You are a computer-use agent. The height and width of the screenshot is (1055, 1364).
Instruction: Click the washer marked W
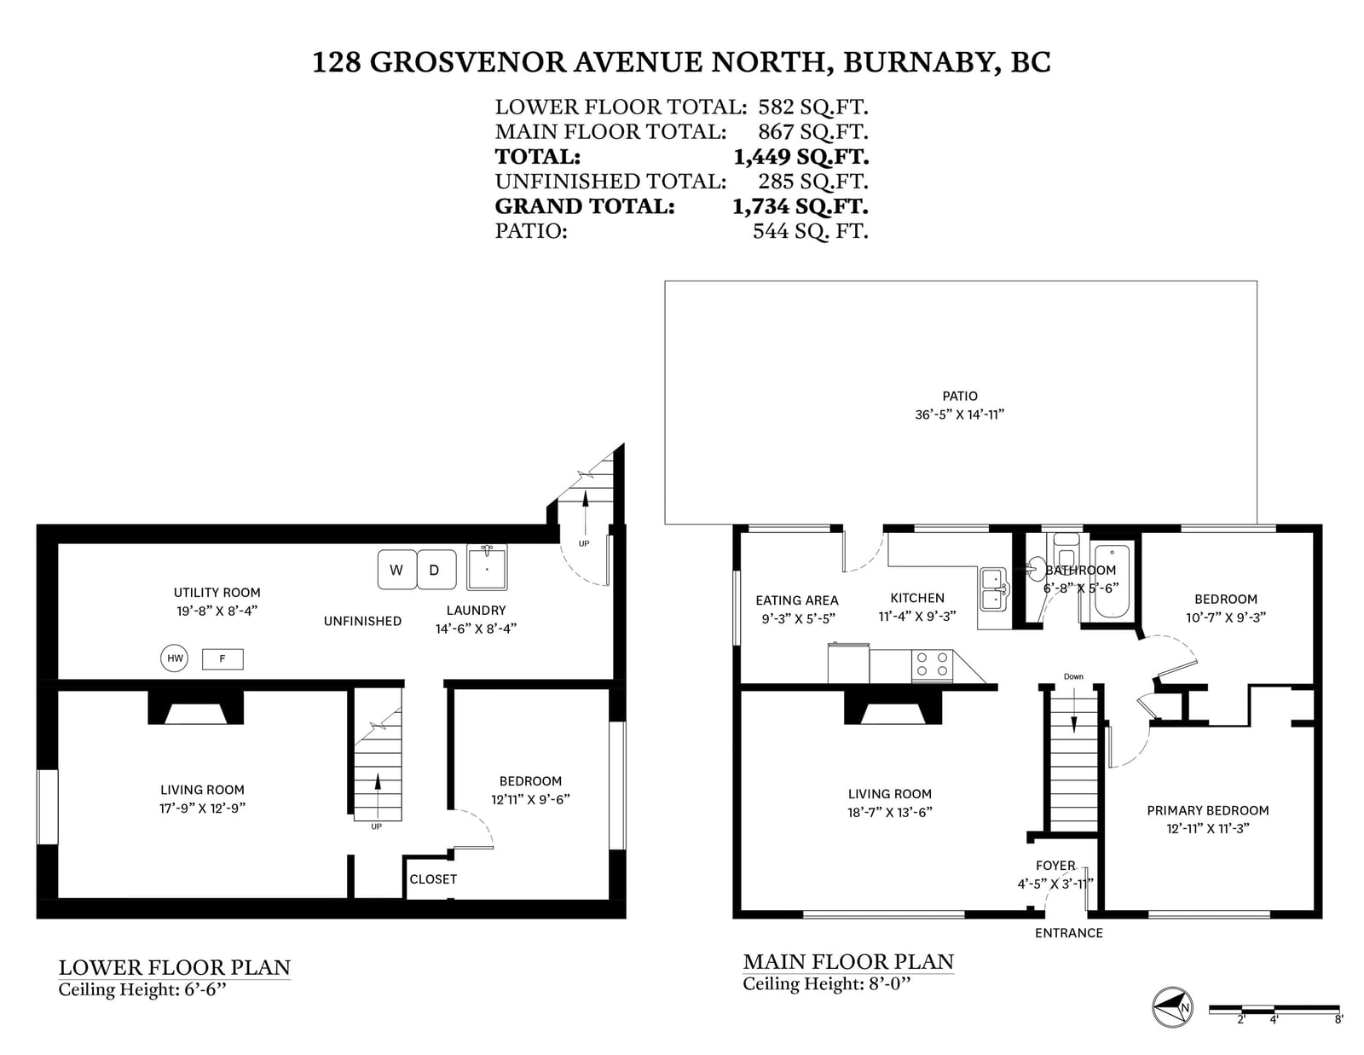(x=396, y=570)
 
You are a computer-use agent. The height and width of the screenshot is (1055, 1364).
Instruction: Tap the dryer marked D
(x=436, y=570)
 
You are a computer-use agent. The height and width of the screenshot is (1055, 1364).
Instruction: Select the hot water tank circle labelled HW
(x=175, y=658)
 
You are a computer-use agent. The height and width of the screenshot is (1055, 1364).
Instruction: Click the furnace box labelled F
(x=223, y=658)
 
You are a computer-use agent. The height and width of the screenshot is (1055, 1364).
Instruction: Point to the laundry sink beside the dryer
(x=487, y=568)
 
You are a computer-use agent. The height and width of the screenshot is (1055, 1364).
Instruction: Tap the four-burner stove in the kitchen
(x=932, y=665)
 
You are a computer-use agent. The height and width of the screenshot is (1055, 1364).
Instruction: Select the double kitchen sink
(x=994, y=589)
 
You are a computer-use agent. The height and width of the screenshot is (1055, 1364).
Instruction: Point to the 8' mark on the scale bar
(x=1338, y=1020)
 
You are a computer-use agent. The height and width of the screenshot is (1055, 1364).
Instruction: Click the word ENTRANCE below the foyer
(x=1068, y=933)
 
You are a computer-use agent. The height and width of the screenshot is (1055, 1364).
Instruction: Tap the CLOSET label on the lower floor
(x=433, y=879)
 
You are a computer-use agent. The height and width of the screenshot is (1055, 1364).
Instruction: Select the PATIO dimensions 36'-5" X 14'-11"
(x=959, y=414)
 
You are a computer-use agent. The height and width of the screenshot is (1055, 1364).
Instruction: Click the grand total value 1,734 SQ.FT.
(x=800, y=206)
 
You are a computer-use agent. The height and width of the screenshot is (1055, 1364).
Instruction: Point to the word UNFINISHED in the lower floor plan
(x=362, y=621)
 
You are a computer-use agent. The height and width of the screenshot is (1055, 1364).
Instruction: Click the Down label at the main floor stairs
(x=1073, y=676)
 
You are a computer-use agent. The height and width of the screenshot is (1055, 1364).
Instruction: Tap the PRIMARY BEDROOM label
(x=1208, y=811)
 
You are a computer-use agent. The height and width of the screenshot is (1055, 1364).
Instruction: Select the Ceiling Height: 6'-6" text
(x=142, y=989)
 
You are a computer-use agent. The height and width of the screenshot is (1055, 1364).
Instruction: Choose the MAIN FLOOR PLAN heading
(x=848, y=961)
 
